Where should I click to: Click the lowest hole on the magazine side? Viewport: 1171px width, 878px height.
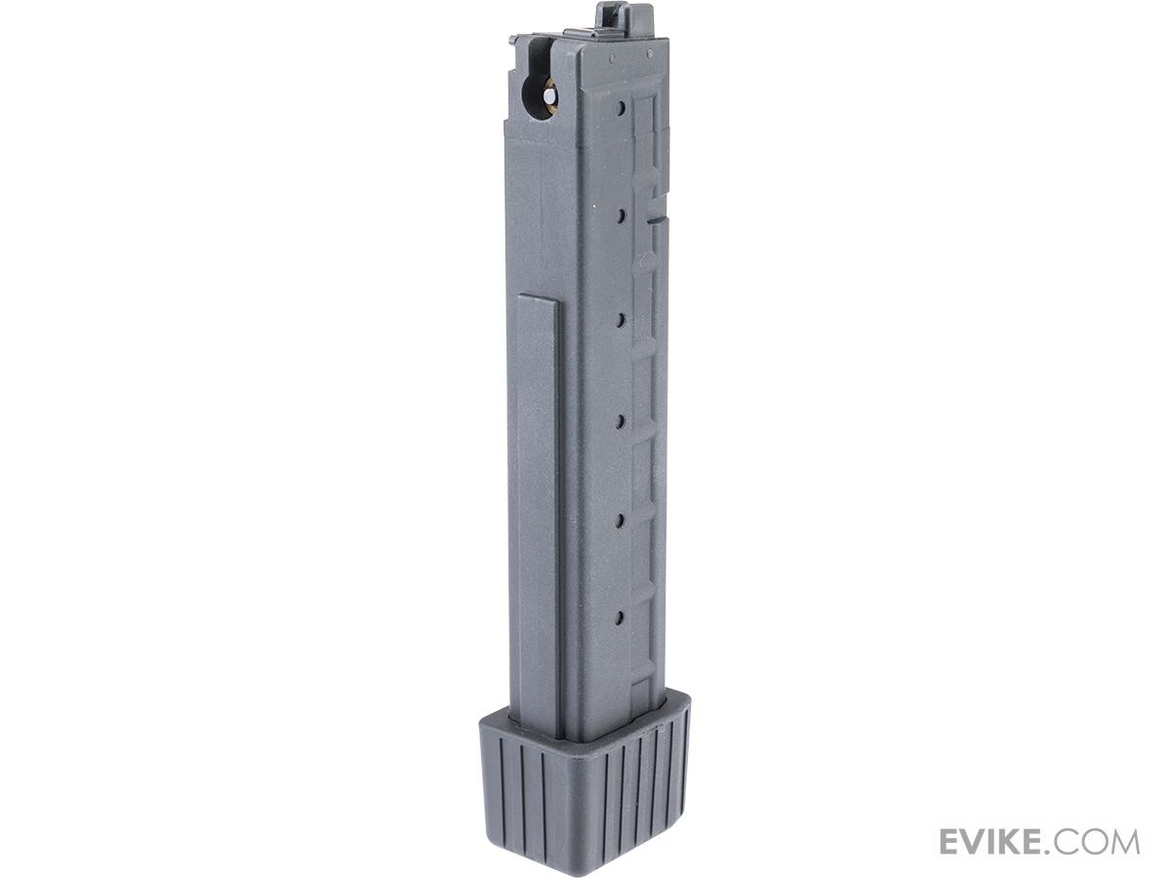point(620,618)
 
